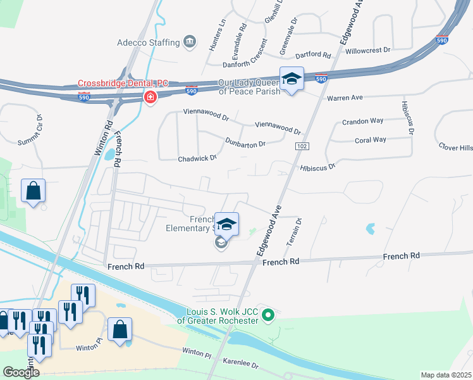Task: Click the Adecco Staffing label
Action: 148,42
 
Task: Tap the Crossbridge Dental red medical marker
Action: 150,98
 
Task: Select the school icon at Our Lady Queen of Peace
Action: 292,79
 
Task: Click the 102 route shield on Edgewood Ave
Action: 299,146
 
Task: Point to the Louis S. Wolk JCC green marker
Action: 268,314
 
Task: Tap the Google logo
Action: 21,372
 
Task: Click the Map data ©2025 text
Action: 446,375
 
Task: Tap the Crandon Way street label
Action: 362,121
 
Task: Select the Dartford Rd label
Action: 314,56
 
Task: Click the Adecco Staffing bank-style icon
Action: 189,42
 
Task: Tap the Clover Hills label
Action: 456,148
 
